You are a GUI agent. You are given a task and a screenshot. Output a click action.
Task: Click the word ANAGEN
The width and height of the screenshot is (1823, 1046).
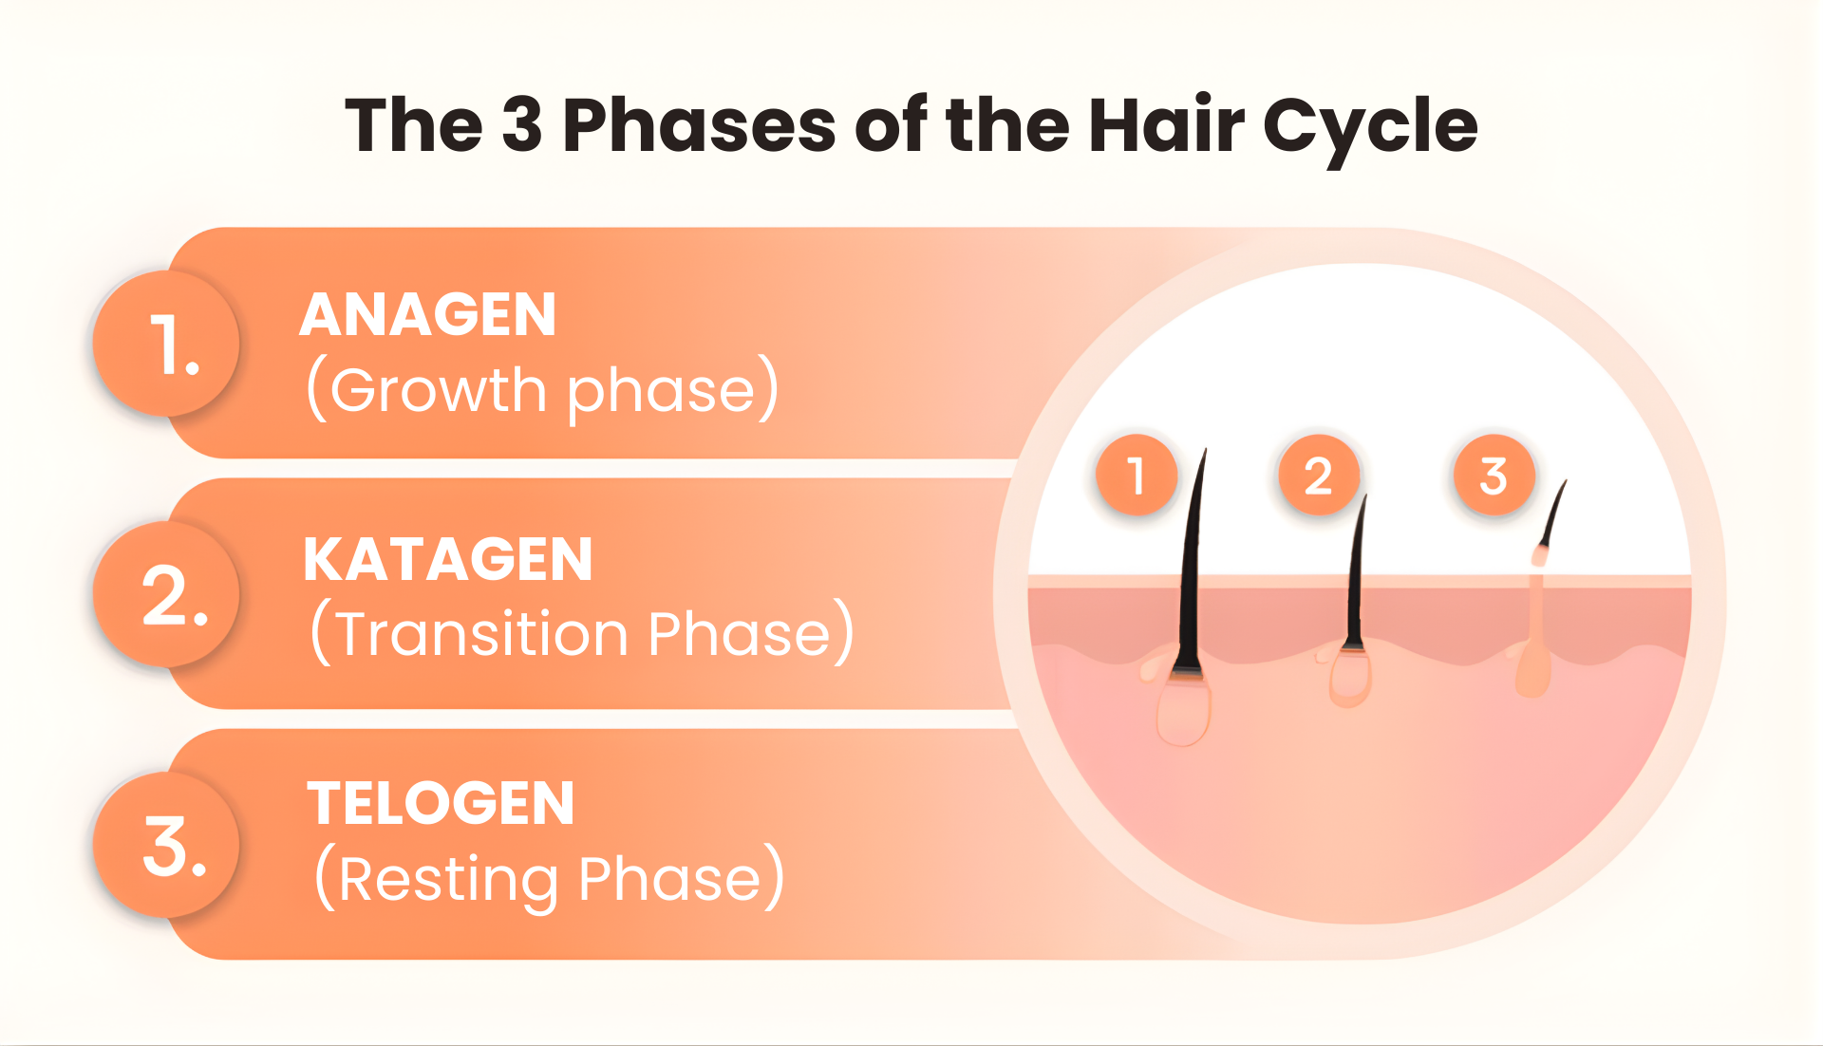pyautogui.click(x=428, y=314)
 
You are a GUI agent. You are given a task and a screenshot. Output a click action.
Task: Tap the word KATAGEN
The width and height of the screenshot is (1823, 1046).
pyautogui.click(x=448, y=559)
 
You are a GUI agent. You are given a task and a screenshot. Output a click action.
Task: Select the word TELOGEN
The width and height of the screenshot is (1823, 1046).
pyautogui.click(x=441, y=803)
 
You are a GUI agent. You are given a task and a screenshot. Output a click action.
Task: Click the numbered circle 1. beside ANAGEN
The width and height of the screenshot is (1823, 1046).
pyautogui.click(x=166, y=344)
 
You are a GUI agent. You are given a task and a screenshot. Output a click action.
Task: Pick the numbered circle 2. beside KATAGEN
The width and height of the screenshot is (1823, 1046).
pyautogui.click(x=166, y=593)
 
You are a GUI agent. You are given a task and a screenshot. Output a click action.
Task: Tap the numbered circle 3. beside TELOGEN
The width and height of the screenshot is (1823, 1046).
pyautogui.click(x=166, y=844)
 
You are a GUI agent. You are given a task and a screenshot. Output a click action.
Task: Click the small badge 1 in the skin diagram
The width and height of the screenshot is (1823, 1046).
pyautogui.click(x=1137, y=476)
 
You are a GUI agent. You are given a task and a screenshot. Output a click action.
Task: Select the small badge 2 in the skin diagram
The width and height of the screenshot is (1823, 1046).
pyautogui.click(x=1318, y=476)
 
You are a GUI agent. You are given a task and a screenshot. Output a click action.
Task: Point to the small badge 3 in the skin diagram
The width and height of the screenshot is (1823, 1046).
pyautogui.click(x=1494, y=476)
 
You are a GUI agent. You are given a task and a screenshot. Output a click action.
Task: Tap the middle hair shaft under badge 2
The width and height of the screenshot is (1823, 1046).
pyautogui.click(x=1356, y=574)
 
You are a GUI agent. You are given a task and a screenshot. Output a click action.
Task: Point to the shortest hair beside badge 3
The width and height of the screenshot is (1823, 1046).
pyautogui.click(x=1550, y=517)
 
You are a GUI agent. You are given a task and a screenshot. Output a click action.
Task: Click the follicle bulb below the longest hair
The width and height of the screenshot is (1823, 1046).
pyautogui.click(x=1183, y=712)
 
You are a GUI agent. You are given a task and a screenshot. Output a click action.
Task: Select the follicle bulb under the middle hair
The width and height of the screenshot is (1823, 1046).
pyautogui.click(x=1350, y=678)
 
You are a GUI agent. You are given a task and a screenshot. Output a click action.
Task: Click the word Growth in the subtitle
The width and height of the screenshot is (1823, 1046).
pyautogui.click(x=438, y=390)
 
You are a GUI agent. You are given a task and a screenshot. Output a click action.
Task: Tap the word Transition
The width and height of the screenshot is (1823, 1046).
pyautogui.click(x=481, y=633)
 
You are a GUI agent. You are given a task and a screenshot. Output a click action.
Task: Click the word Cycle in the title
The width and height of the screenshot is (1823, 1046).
pyautogui.click(x=1370, y=127)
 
